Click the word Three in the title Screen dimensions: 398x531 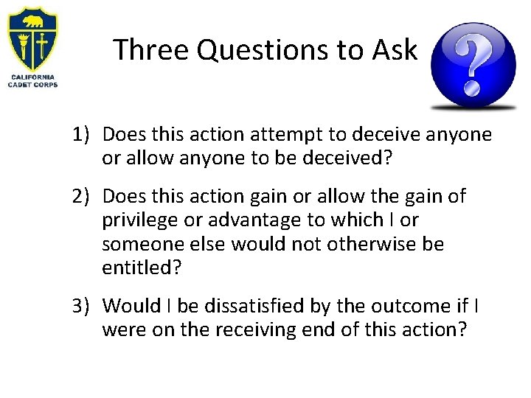[x=152, y=50]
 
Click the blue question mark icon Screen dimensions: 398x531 [x=473, y=65]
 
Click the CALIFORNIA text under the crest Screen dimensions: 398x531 [x=32, y=77]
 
